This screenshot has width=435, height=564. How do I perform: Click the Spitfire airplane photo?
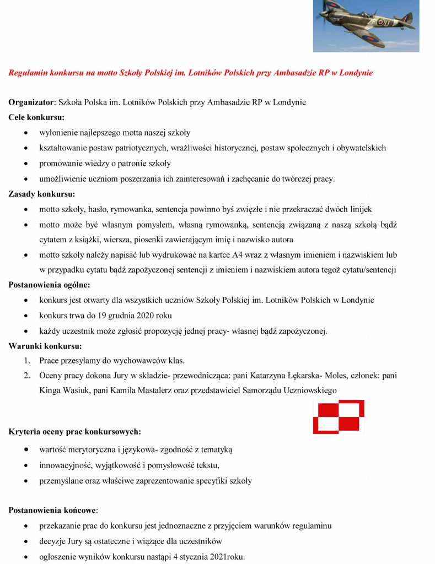366,25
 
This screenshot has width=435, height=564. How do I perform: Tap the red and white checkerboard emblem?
339,417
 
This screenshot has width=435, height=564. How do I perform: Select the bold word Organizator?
31,102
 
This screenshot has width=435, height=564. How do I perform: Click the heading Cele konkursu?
36,117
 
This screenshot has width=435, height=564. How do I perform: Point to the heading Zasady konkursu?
41,194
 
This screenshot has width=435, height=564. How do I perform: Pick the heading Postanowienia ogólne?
49,285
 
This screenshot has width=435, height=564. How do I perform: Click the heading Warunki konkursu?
45,346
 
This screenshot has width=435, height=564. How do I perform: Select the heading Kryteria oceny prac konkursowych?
74,431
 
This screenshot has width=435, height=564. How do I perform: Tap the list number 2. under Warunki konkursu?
26,376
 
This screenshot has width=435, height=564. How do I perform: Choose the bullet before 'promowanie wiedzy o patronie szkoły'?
27,164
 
